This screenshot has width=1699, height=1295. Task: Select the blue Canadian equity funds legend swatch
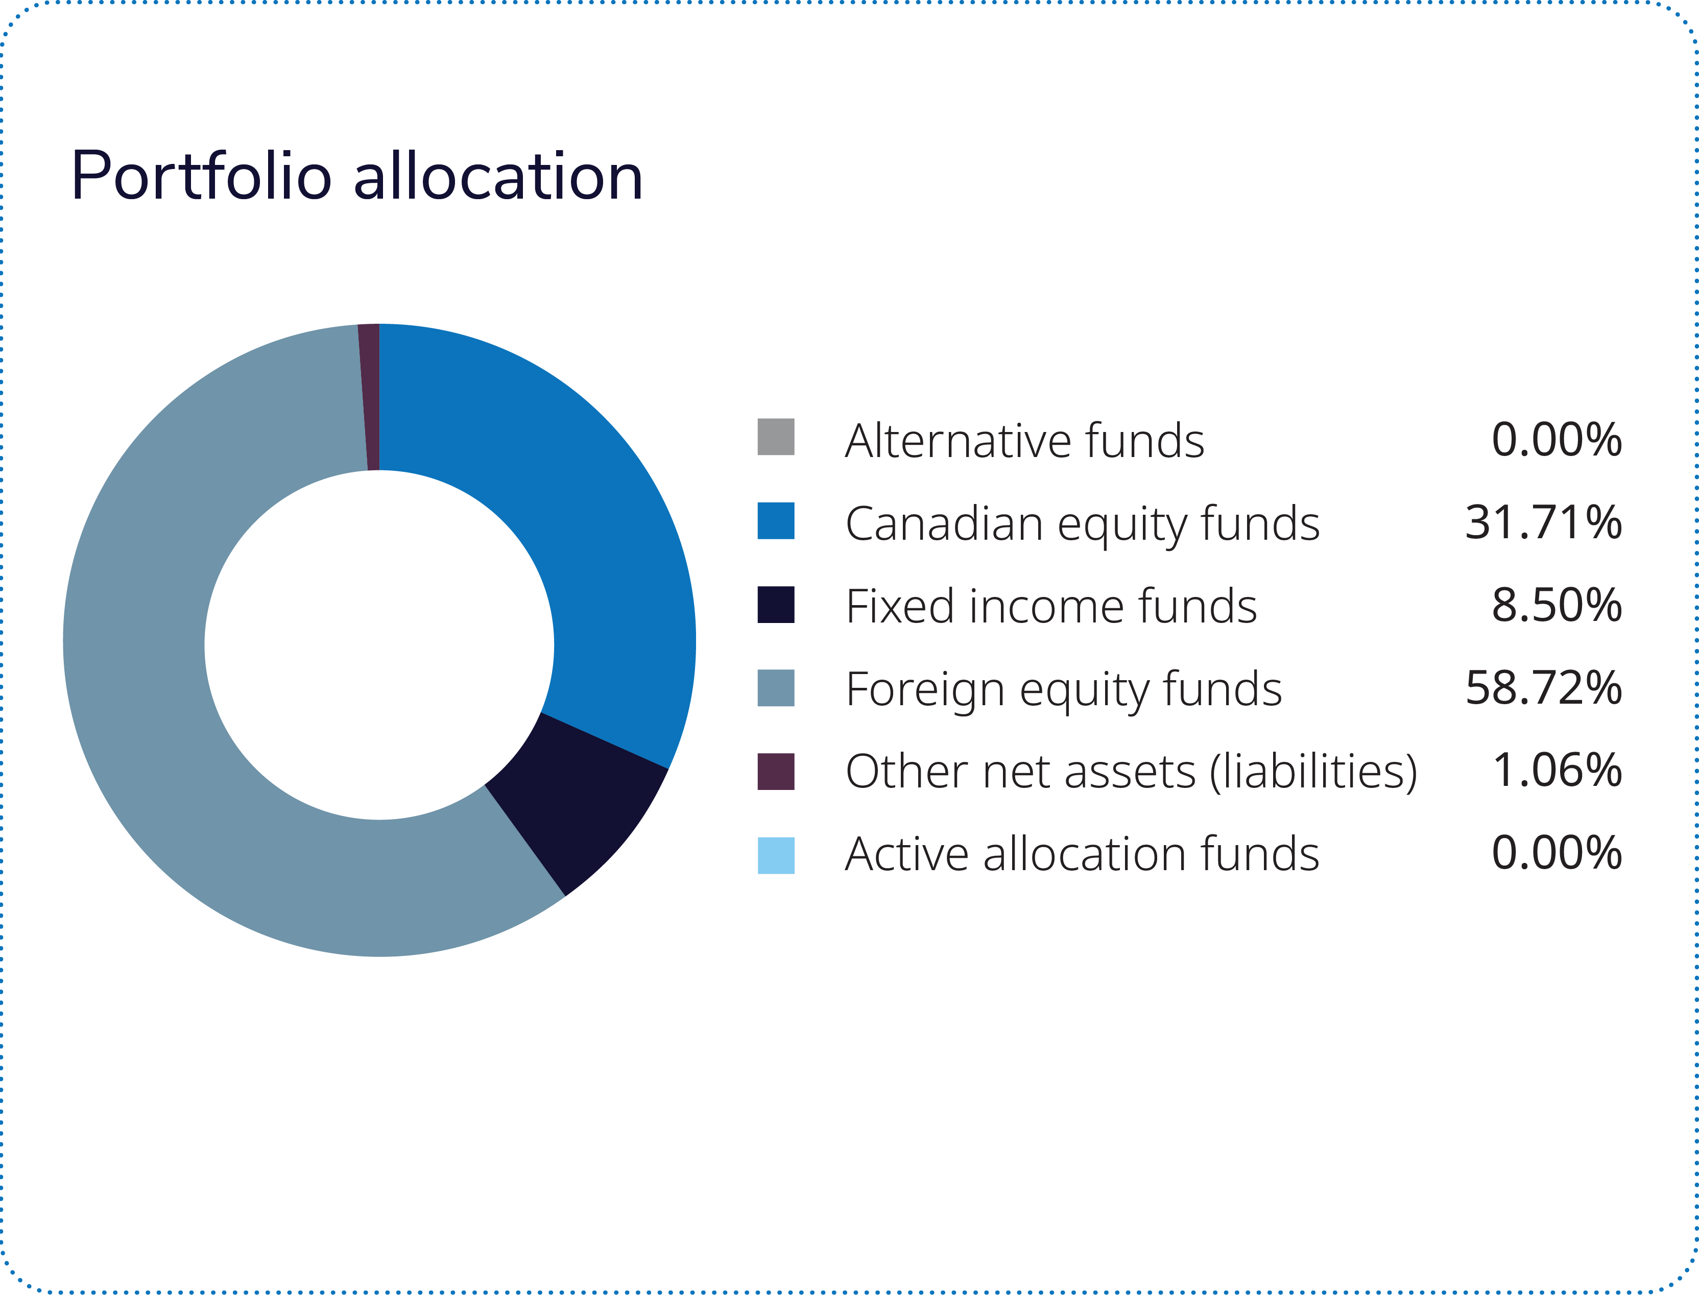(776, 521)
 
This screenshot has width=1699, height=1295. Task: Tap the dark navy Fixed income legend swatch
(776, 604)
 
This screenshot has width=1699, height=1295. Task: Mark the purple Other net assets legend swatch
(776, 772)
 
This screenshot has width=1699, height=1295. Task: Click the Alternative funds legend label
(1024, 440)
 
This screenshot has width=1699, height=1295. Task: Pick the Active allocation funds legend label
(1082, 854)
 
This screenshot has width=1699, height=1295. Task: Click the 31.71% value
(1543, 522)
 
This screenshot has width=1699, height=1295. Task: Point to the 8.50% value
(1557, 606)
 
